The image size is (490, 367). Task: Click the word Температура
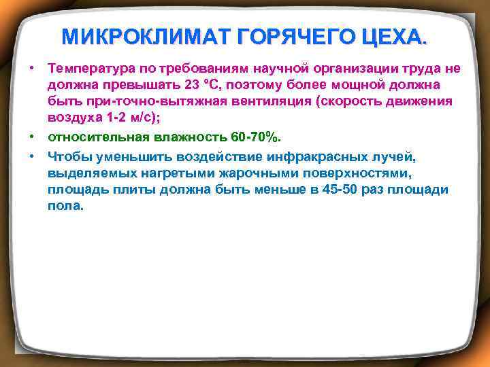92,69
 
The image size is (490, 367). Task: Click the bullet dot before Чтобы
31,156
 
